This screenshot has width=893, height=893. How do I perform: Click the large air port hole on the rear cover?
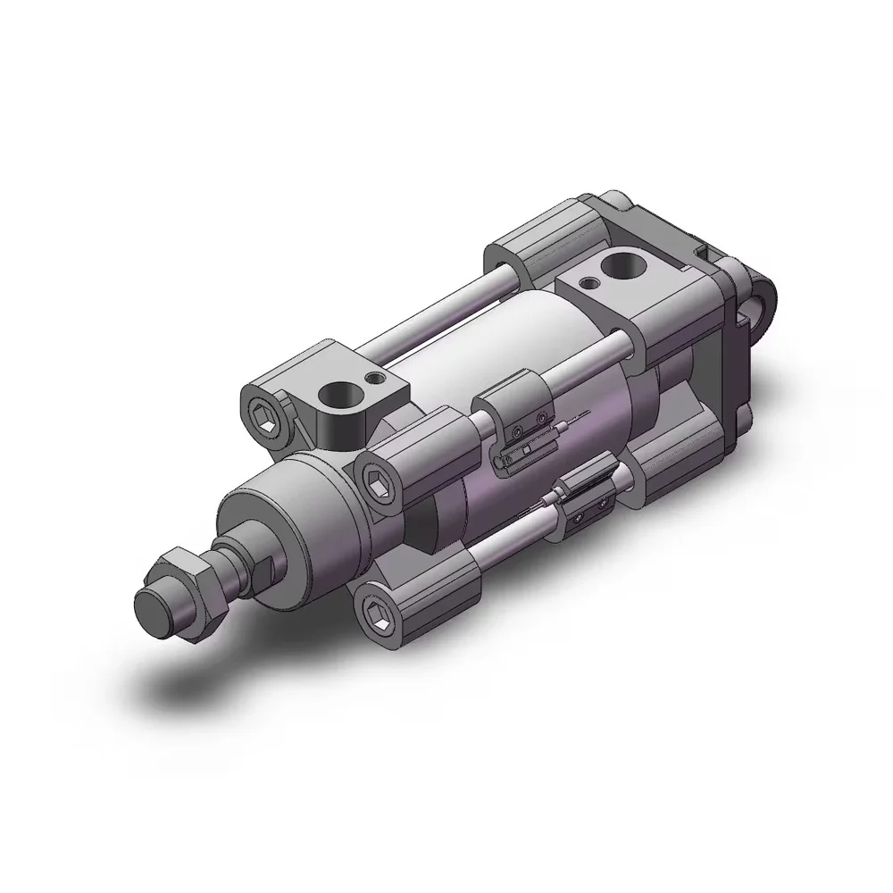622,265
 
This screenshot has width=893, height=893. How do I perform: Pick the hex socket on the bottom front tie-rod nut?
375,611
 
